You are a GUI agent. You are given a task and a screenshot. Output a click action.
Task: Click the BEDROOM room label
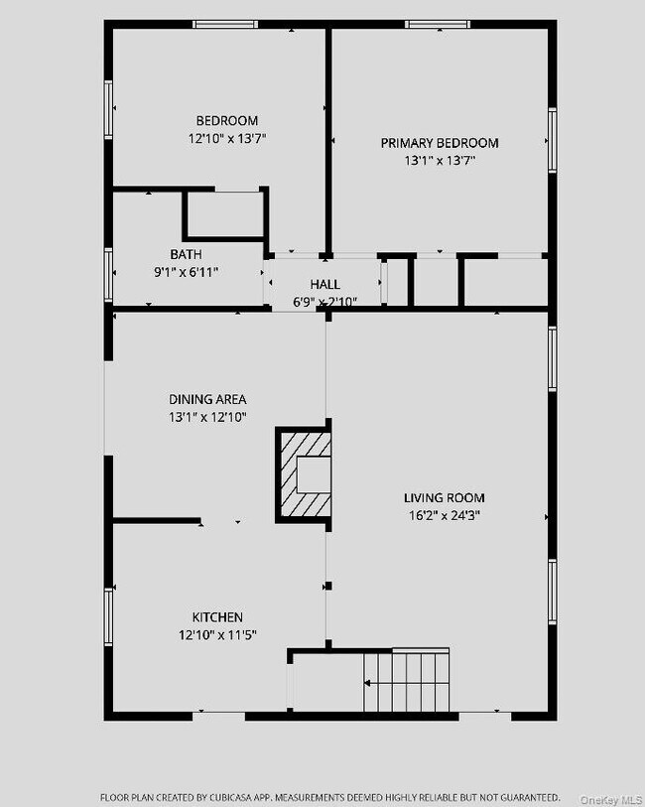point(227,121)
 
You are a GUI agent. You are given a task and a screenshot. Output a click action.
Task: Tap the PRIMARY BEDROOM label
point(440,143)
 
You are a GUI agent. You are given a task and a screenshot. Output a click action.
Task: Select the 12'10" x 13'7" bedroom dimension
point(227,139)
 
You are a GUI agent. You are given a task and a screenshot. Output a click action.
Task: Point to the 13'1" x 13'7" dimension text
point(440,160)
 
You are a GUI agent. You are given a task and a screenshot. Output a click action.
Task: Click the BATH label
point(186,254)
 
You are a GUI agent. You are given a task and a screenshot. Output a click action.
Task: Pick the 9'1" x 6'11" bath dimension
point(186,271)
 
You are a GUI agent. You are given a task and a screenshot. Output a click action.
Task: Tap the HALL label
point(324,285)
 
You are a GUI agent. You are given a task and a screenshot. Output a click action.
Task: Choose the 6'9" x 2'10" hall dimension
point(324,301)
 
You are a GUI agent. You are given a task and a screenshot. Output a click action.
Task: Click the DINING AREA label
point(207,400)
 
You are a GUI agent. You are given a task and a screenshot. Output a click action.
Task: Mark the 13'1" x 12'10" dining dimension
point(207,417)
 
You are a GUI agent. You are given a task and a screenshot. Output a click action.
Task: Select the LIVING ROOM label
point(445,498)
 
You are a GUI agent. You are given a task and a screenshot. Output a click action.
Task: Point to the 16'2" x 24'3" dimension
point(445,515)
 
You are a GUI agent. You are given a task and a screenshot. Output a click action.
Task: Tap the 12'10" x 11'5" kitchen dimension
point(217,634)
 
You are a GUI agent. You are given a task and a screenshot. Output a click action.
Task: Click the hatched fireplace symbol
point(304,475)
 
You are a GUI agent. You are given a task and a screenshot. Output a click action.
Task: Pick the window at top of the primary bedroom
point(438,24)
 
